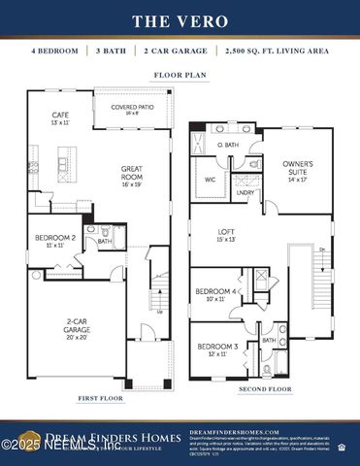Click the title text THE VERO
click(x=180, y=19)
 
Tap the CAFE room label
click(x=60, y=119)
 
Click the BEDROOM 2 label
click(x=55, y=241)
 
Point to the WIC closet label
click(x=210, y=180)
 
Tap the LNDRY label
click(x=246, y=192)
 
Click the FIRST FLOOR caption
click(x=101, y=398)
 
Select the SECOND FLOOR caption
click(x=266, y=389)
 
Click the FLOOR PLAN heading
click(x=179, y=74)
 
